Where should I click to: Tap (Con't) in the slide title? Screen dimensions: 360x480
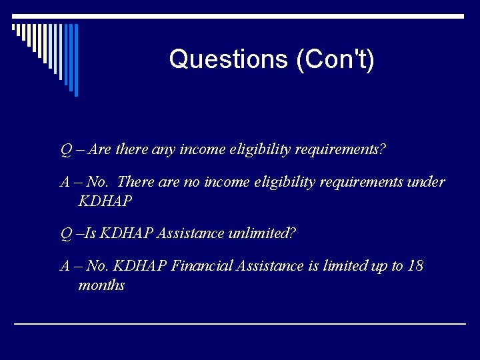[335, 59]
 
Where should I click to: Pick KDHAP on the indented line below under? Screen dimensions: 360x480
[105, 201]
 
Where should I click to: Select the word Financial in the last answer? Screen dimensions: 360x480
[202, 266]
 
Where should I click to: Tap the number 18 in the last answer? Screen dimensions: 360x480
[415, 266]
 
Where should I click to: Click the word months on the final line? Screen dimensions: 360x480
[101, 285]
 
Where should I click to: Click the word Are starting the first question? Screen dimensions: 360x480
[99, 150]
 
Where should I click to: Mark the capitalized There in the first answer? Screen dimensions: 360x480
[135, 183]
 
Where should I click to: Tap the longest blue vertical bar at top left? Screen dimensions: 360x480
[76, 59]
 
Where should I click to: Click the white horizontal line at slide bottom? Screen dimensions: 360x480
[240, 324]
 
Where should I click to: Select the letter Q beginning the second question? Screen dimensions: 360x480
[66, 233]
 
